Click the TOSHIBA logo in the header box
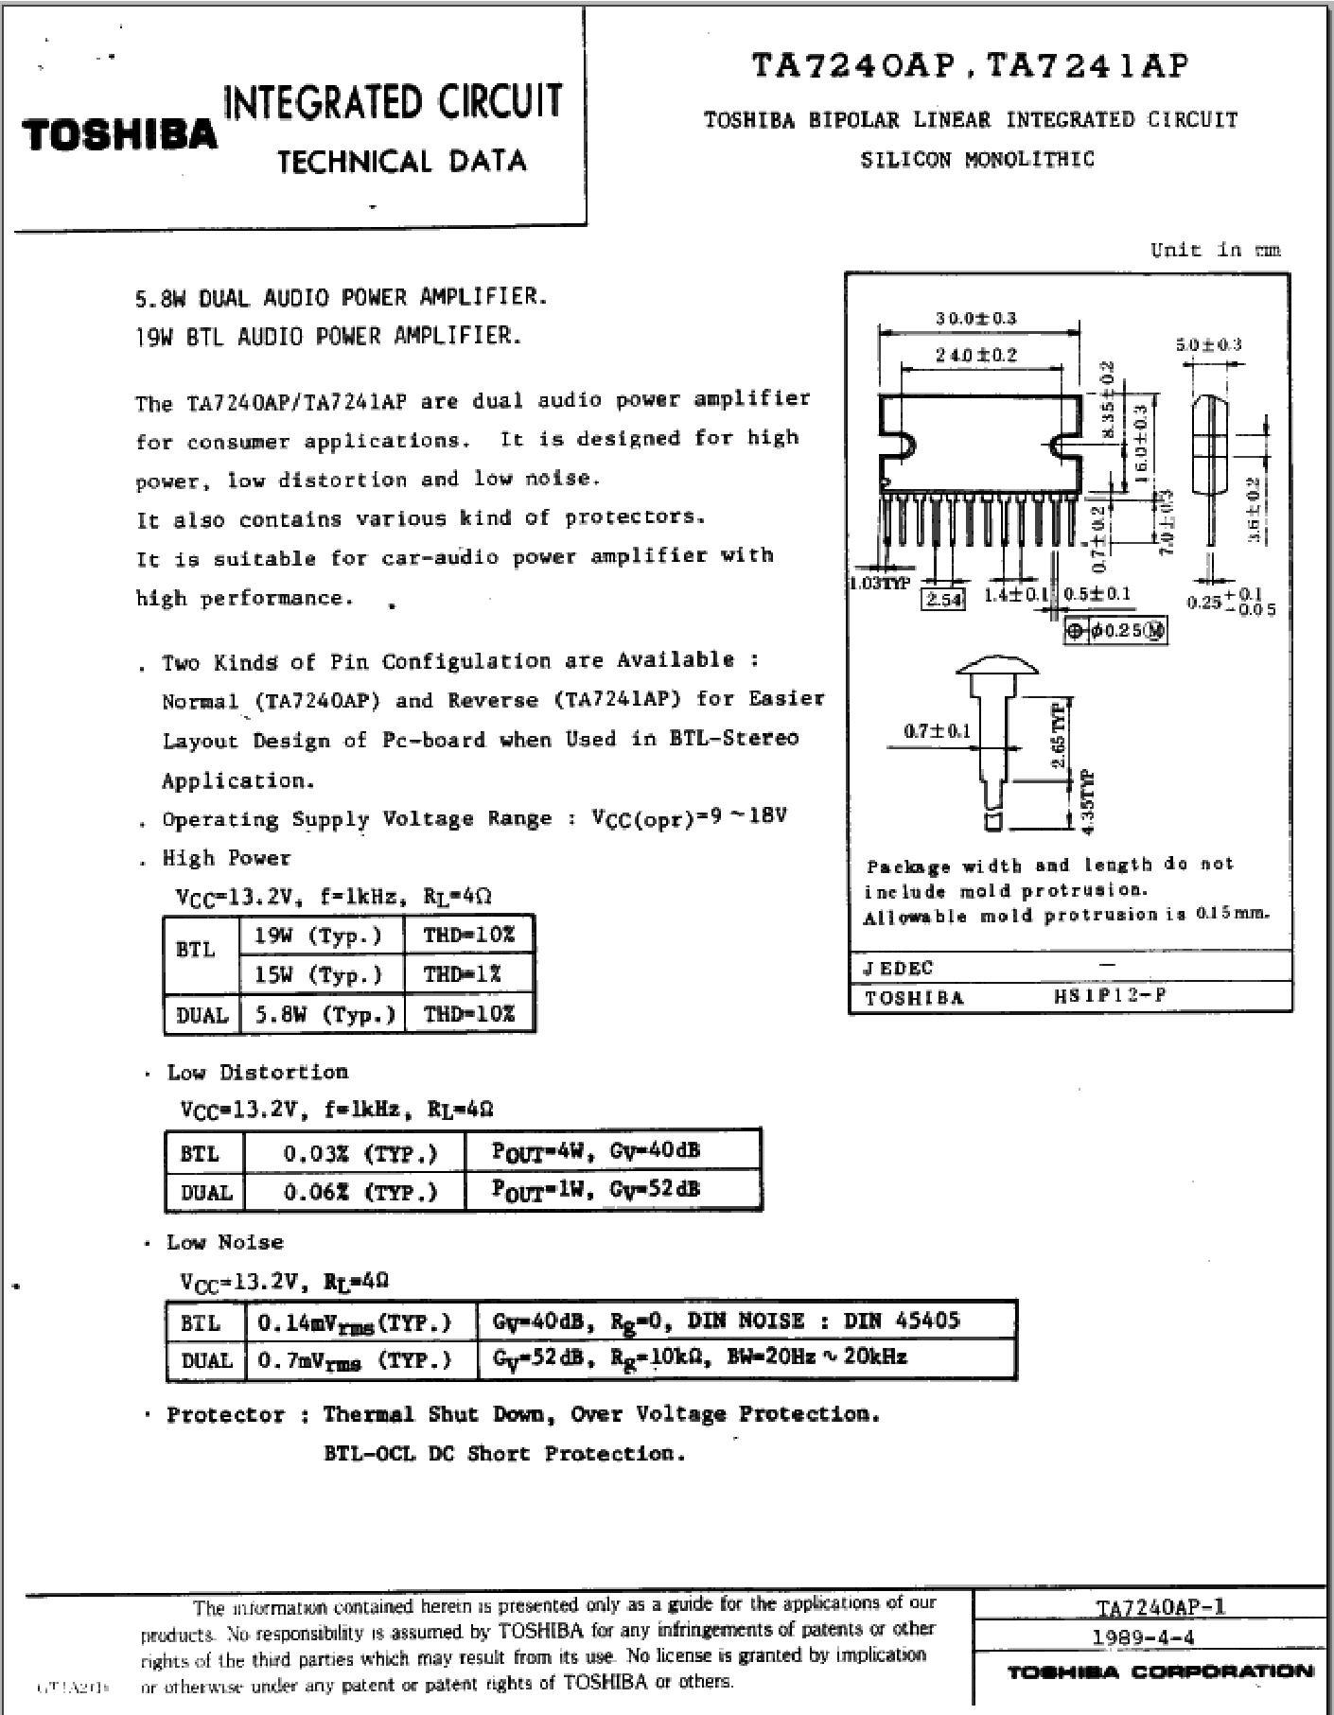pos(120,135)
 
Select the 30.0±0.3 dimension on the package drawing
pos(975,318)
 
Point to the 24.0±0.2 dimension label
pos(975,355)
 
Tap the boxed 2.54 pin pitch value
pos(943,600)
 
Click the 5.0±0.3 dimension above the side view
pos(1208,345)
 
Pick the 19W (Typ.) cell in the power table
pos(318,936)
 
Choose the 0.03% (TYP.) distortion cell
pos(360,1153)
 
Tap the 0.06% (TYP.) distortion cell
pos(360,1192)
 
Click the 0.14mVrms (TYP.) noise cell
pos(354,1321)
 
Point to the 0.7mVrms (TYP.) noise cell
pos(354,1360)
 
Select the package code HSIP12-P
pos(1109,996)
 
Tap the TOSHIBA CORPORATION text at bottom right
pos(1160,1672)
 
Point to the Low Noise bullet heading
pos(224,1242)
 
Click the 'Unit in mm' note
pos(1215,250)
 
